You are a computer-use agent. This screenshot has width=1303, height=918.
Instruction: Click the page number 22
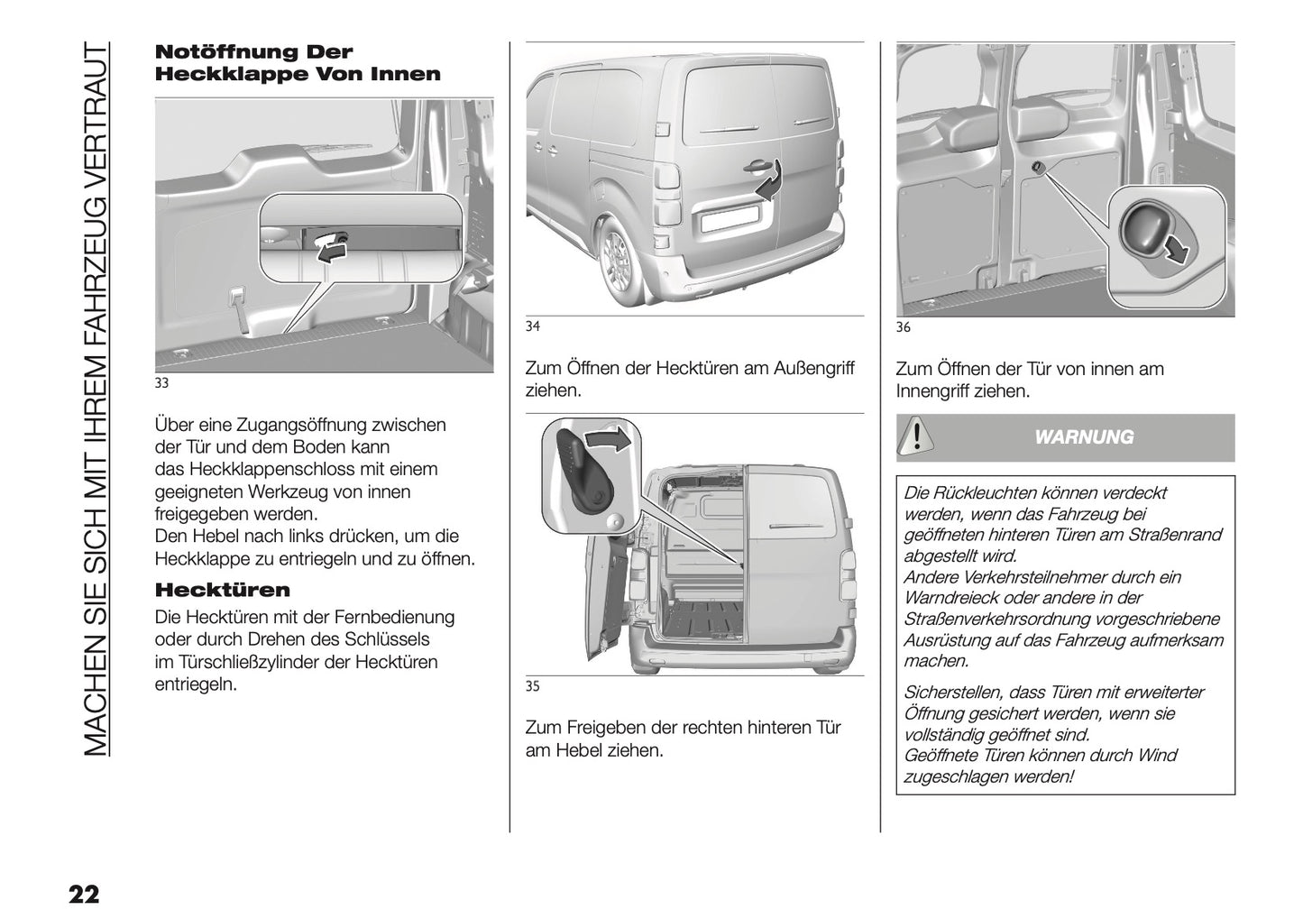pos(82,895)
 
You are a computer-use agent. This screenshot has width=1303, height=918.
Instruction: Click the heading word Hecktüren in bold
pos(223,591)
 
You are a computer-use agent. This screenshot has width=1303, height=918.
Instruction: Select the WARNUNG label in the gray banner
pos(1083,437)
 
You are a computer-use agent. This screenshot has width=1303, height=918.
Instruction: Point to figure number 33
pos(161,383)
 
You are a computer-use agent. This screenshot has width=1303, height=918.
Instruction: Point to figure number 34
pos(532,326)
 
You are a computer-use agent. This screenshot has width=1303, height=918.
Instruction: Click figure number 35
pos(532,686)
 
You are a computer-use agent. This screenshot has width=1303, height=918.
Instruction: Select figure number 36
pos(903,327)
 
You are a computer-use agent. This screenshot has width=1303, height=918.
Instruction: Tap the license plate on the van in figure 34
pos(729,218)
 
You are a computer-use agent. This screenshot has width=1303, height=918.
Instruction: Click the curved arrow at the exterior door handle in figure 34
pos(767,186)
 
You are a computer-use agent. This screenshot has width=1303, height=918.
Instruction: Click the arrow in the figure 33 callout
pos(331,248)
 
